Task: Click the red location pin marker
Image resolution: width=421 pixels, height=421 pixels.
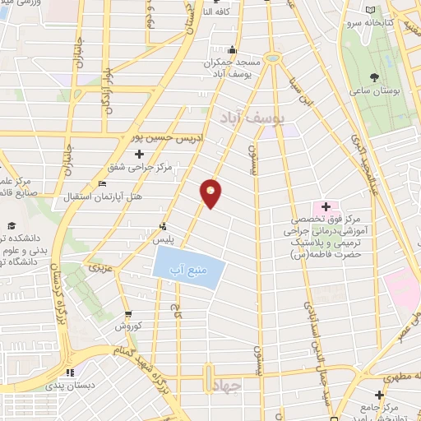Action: tap(211, 193)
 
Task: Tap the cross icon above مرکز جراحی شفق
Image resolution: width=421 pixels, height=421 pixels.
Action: tap(139, 154)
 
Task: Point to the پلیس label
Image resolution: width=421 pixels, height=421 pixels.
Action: tap(163, 238)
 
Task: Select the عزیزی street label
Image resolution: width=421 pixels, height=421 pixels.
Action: tap(99, 267)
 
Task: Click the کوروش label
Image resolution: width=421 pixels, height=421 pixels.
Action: tap(127, 327)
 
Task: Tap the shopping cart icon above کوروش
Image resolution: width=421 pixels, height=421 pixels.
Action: tap(127, 315)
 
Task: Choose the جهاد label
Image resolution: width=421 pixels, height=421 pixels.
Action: tap(222, 386)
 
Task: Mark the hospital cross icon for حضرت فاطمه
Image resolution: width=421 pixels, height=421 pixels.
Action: tap(325, 206)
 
